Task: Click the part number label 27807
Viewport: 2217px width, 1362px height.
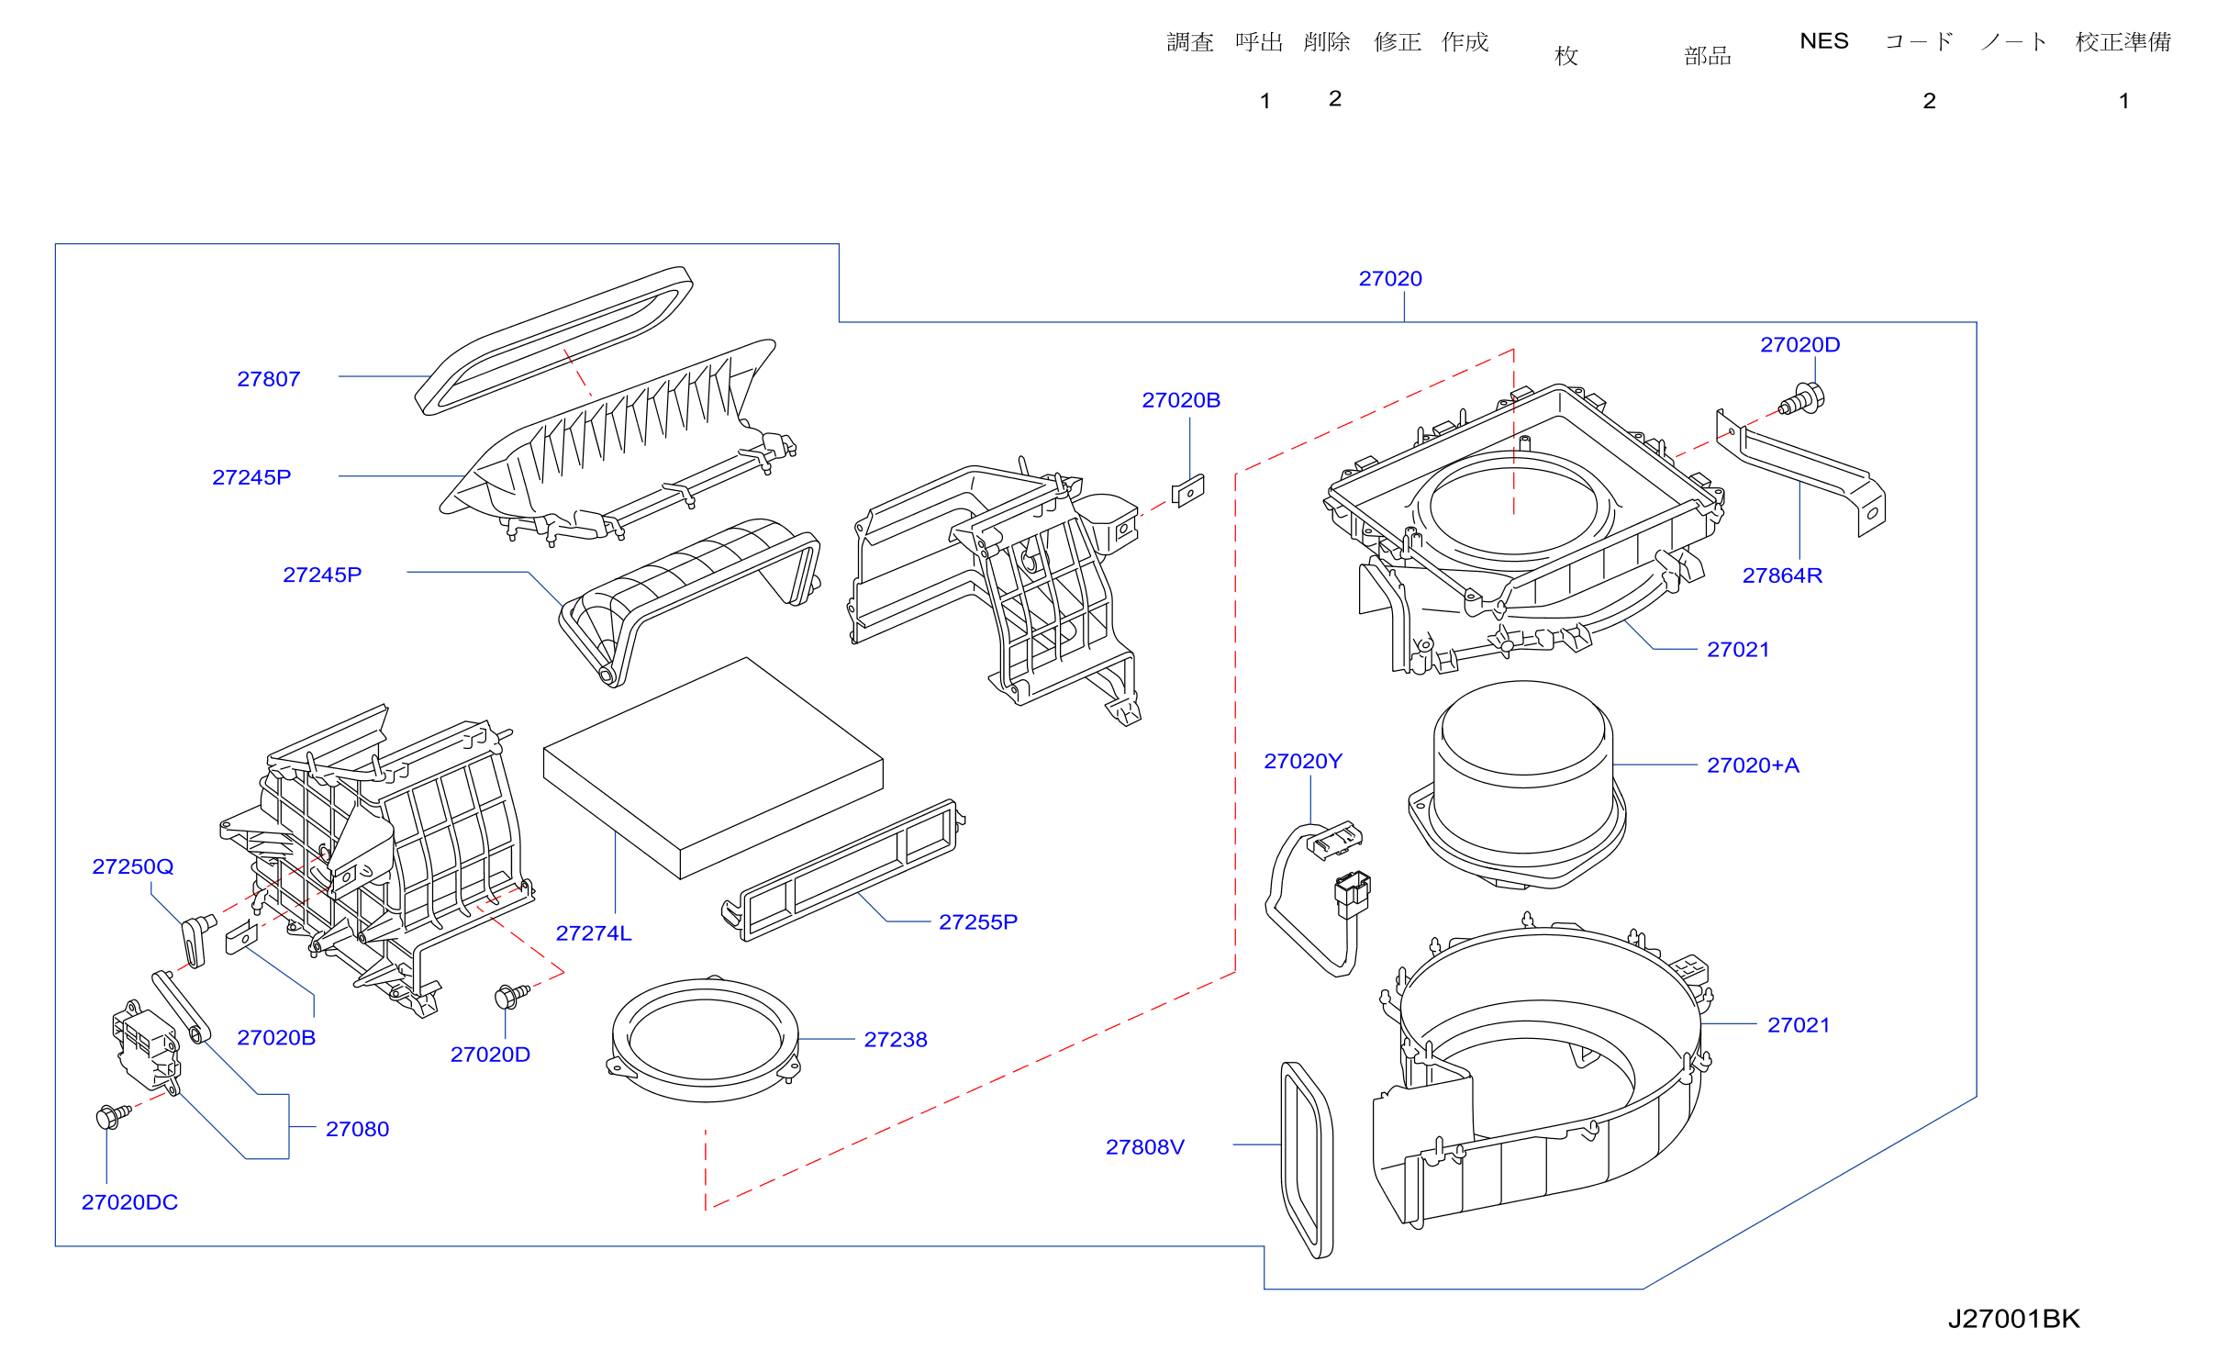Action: (x=269, y=379)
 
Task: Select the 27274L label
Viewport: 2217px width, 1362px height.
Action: (x=594, y=933)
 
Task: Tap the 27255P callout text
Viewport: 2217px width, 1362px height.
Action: (x=978, y=922)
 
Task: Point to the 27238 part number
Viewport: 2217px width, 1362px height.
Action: (x=896, y=1040)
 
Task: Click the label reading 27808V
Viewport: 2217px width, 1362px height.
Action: (x=1145, y=1147)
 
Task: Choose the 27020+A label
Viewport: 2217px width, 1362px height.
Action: (x=1753, y=765)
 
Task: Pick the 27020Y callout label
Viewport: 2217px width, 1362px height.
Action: (x=1303, y=762)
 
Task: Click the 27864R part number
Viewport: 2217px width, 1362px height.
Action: (x=1782, y=575)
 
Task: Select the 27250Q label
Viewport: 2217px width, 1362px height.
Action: (x=133, y=866)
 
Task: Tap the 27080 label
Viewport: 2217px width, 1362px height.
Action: (x=357, y=1129)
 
